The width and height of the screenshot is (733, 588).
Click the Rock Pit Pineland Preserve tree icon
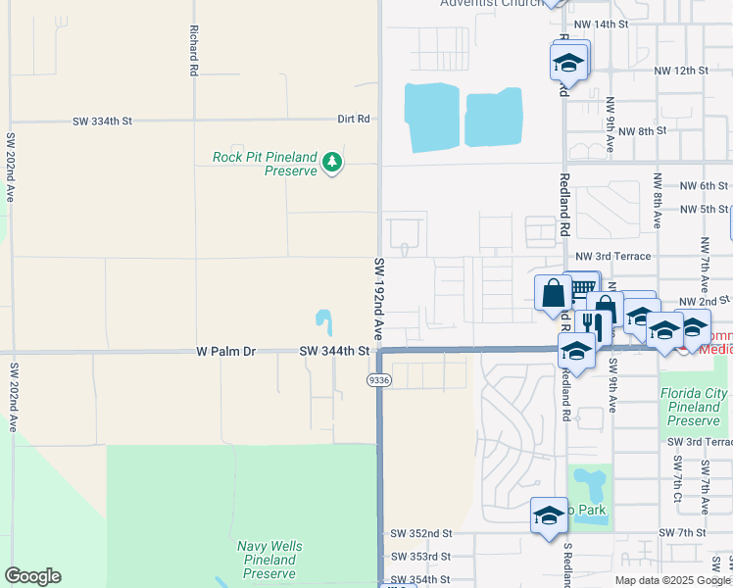click(333, 161)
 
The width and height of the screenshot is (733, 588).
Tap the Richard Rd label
click(194, 51)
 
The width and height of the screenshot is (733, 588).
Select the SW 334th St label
click(102, 122)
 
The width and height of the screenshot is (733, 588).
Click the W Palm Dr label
click(225, 350)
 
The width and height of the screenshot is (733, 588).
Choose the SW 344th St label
click(333, 350)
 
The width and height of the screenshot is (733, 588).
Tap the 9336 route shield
click(379, 378)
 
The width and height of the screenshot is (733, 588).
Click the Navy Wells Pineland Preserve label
click(269, 560)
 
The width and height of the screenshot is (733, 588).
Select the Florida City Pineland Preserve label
click(694, 408)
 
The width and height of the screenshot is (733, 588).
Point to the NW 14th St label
click(600, 24)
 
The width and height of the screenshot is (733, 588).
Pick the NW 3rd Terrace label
click(613, 256)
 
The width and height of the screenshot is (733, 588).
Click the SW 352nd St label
click(420, 533)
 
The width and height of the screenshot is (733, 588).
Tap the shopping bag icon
click(553, 292)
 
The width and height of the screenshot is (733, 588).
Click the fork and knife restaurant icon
click(591, 321)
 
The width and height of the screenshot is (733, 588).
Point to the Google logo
click(32, 576)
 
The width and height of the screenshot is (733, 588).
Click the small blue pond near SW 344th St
click(323, 318)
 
